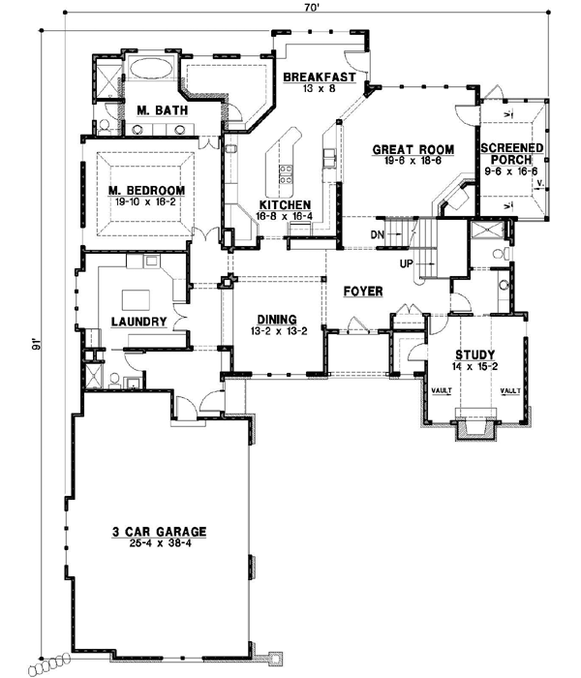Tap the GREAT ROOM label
(407, 149)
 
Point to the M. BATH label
(156, 109)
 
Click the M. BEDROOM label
(147, 190)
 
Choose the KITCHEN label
(284, 205)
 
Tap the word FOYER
(362, 290)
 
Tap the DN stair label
(380, 233)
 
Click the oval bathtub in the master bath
(151, 69)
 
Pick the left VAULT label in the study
(432, 391)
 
